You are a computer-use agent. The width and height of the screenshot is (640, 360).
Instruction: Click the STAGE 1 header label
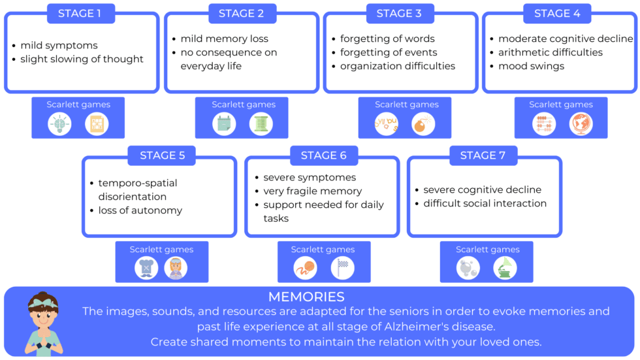(x=81, y=13)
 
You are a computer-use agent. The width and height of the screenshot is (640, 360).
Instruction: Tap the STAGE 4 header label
(x=557, y=13)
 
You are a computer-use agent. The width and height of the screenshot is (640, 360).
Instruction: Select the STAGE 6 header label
(x=323, y=155)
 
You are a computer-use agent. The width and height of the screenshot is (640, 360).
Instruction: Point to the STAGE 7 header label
(x=483, y=155)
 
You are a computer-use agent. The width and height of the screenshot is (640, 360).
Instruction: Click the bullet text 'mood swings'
(x=531, y=66)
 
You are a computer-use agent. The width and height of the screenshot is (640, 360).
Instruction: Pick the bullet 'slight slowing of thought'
(x=82, y=59)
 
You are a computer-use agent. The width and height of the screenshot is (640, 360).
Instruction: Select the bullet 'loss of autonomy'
(x=140, y=210)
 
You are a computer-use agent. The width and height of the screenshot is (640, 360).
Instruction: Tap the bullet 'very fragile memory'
(x=312, y=191)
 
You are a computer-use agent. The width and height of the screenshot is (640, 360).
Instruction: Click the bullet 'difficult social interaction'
(x=485, y=203)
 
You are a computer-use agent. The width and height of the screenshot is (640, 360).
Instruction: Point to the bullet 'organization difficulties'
(x=398, y=66)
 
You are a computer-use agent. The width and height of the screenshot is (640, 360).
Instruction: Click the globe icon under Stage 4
(x=580, y=124)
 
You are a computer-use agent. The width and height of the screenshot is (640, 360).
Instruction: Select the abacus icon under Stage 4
(x=543, y=124)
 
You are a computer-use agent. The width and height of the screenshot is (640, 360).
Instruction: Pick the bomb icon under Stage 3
(x=423, y=124)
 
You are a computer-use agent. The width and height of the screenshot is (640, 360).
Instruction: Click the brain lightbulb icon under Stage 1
(x=59, y=124)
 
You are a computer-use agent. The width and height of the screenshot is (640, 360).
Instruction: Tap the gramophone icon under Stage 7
(x=505, y=268)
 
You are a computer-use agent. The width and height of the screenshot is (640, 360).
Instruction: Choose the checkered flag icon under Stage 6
(x=342, y=268)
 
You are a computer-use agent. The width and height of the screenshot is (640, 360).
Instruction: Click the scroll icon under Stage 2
(x=261, y=124)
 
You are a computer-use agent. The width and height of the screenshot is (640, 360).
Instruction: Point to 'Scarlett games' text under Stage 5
(x=161, y=250)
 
